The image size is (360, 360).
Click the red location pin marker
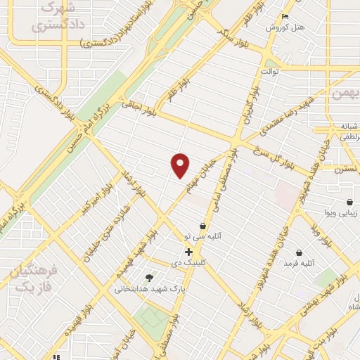[x=181, y=165]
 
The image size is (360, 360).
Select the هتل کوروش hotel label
[x=283, y=27]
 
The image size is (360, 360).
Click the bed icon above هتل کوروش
[x=285, y=16]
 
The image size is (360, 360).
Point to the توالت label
[x=271, y=72]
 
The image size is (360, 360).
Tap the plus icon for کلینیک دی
[x=189, y=251]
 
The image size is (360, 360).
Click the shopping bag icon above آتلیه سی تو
[x=203, y=226]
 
